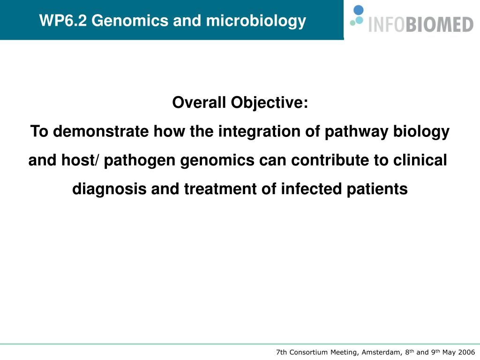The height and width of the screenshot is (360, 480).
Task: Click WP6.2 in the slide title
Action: coord(63,21)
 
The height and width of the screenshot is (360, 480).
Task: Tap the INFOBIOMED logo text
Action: coord(421,24)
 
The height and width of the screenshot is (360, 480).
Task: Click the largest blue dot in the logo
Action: coord(359,10)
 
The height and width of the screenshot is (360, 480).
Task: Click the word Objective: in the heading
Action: coord(270,103)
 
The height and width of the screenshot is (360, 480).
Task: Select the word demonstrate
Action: coord(101,131)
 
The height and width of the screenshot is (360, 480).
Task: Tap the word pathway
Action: coord(356,132)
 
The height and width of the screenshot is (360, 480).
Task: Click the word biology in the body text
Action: coord(421,132)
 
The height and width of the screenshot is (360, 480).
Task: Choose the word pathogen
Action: coord(140,161)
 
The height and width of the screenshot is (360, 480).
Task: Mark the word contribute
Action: coord(330,160)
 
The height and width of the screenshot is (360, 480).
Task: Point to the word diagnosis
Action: coord(109,189)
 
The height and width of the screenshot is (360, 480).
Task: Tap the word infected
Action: coord(311,189)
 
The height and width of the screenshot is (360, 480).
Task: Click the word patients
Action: coord(377,189)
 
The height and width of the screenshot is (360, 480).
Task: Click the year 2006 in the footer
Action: coord(466,352)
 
